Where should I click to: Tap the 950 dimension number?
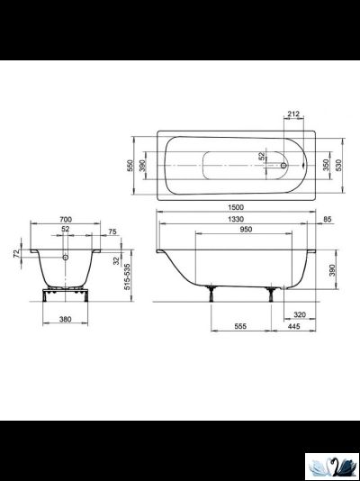234,231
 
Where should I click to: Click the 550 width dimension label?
130,166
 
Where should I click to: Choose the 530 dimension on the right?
338,166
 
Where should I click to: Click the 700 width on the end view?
65,219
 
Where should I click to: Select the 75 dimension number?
112,231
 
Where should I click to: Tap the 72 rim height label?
17,255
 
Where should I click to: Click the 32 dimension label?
118,260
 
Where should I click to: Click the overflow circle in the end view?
65,256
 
